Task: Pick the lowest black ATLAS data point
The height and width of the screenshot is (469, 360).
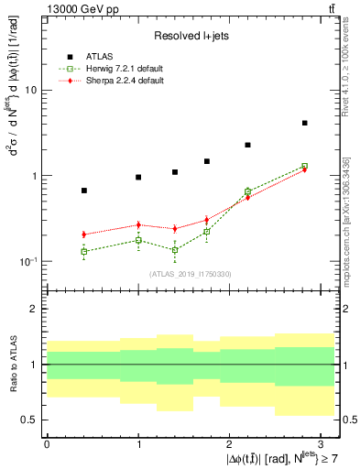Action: click(x=84, y=191)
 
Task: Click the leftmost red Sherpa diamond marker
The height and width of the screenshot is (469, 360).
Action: click(x=84, y=234)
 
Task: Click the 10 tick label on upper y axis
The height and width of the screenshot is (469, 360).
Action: click(x=30, y=91)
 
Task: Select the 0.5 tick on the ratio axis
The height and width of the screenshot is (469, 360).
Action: click(x=29, y=420)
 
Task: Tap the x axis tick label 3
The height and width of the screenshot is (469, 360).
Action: click(x=322, y=442)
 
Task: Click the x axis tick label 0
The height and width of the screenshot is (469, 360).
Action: click(x=47, y=442)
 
